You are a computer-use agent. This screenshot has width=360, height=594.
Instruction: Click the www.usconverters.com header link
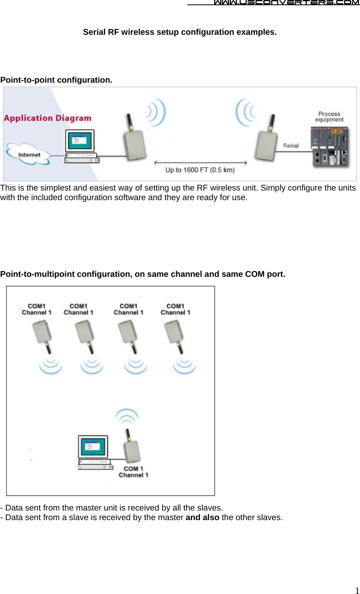coord(286,3)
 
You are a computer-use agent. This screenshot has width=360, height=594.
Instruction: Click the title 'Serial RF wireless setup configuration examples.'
coord(180,32)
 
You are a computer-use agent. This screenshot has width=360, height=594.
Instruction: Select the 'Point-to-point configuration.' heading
coord(56,80)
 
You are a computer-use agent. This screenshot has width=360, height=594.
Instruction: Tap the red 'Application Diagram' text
coord(48,118)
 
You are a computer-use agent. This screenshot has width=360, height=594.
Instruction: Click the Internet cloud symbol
coord(28,155)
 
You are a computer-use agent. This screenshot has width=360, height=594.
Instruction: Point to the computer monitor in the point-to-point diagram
coord(80,141)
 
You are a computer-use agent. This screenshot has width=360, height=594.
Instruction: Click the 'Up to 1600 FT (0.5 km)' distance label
coord(200,170)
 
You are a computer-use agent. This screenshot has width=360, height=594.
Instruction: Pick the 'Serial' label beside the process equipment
coord(290,146)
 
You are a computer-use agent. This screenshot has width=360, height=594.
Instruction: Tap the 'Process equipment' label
coord(329,117)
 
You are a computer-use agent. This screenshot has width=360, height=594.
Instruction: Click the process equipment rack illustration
coord(330,147)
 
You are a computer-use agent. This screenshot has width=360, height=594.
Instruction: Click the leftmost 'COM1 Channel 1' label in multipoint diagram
coord(36,309)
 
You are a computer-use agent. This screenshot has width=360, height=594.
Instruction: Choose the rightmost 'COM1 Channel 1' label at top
coord(175,309)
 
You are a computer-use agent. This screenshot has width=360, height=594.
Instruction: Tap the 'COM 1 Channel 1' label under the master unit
coord(133,472)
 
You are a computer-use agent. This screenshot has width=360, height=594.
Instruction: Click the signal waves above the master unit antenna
coord(127,416)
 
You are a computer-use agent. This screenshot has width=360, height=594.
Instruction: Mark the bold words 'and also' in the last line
coord(202,517)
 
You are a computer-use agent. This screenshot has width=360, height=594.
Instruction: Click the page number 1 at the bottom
coord(357,590)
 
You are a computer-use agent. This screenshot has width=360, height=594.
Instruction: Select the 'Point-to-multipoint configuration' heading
coord(143,274)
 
